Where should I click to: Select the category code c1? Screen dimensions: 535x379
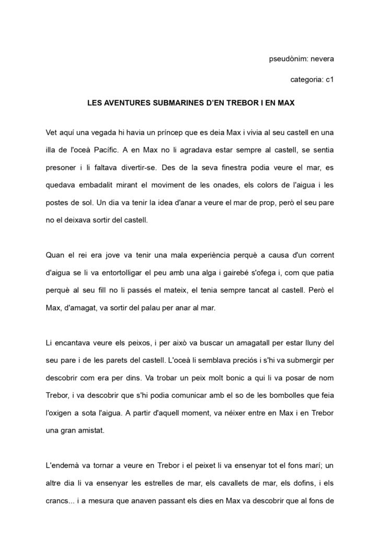pos(329,80)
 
